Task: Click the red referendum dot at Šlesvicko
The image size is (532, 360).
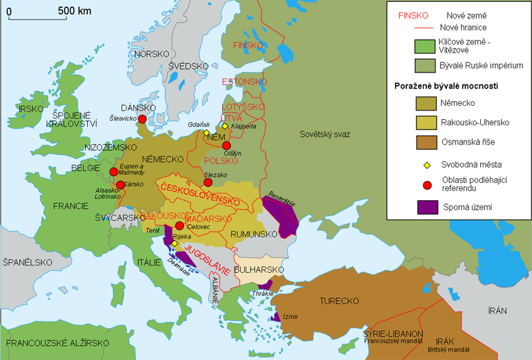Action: pyautogui.click(x=142, y=120)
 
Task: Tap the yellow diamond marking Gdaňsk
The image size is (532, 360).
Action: pyautogui.click(x=207, y=133)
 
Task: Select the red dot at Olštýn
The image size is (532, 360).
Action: pyautogui.click(x=226, y=146)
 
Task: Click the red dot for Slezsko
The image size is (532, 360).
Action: pyautogui.click(x=208, y=182)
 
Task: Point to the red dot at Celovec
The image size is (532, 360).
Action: pyautogui.click(x=180, y=226)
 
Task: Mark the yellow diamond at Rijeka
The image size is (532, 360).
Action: pyautogui.click(x=174, y=244)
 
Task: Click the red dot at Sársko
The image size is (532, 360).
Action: pyautogui.click(x=120, y=186)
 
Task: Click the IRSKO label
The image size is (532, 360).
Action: pyautogui.click(x=31, y=108)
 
